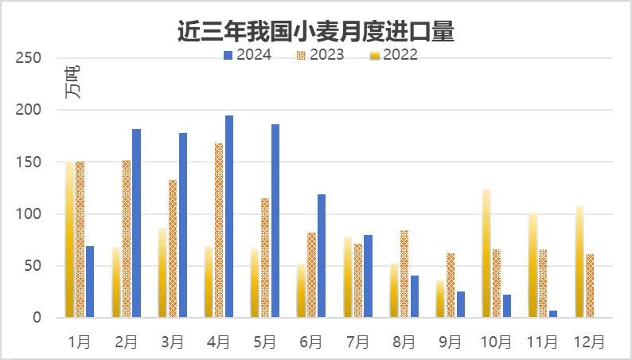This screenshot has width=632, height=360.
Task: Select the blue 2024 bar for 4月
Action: coord(229,217)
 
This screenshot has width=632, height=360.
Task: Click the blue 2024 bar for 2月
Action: coord(137,223)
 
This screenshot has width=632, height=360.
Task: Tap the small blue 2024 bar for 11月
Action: coord(553,314)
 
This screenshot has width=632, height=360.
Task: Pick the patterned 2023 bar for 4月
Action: coord(219,230)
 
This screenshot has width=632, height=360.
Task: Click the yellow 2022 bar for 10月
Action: coord(486,253)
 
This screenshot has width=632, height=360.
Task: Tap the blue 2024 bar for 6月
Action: coord(322,256)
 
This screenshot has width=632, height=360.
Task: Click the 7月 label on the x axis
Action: coord(357,342)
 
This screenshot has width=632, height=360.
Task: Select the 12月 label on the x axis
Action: coord(589,342)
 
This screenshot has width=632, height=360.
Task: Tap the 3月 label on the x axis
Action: coord(173,342)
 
